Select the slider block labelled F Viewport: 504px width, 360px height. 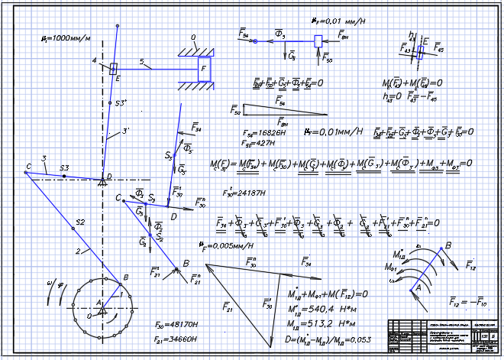coord(203,68)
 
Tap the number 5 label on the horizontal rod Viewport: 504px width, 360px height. coord(141,62)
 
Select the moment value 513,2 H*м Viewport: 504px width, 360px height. coord(321,323)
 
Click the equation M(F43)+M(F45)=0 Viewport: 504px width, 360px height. coord(417,81)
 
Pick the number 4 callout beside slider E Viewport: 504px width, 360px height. coord(95,60)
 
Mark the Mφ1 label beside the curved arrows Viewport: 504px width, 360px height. coord(394,267)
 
